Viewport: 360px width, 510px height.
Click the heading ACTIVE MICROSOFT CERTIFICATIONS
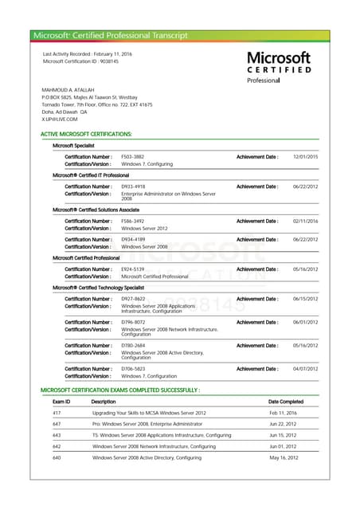tap(86, 134)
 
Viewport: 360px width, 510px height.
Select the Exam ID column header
tap(61, 402)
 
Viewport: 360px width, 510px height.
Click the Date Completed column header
tap(286, 402)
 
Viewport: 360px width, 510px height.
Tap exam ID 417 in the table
tap(57, 413)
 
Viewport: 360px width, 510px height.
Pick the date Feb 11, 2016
tap(283, 413)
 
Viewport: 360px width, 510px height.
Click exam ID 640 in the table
tap(57, 458)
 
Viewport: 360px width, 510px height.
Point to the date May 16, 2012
tap(283, 458)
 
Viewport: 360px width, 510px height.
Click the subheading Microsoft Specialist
tap(73, 146)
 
